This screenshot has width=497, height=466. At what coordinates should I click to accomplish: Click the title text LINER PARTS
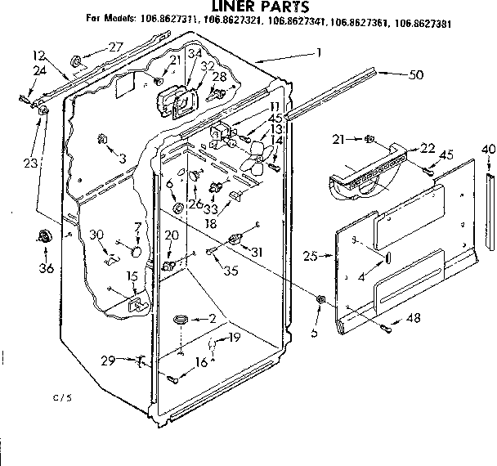(248, 7)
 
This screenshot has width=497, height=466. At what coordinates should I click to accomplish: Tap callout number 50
(417, 74)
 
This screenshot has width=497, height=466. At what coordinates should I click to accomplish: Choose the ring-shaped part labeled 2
(181, 317)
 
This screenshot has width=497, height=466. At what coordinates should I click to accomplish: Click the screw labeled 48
(384, 328)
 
